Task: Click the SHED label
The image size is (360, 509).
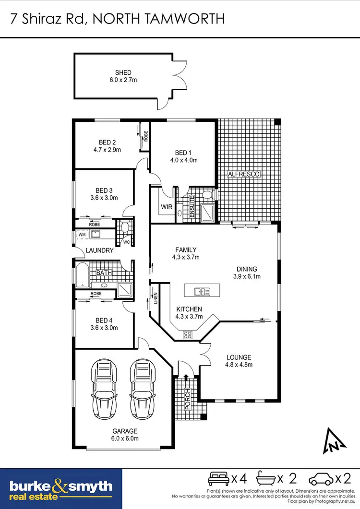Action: point(123,73)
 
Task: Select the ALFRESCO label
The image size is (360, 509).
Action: point(243,174)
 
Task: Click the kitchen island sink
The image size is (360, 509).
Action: point(201,291)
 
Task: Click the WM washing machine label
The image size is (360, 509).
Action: point(82,234)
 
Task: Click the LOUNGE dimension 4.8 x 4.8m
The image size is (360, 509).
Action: point(239,365)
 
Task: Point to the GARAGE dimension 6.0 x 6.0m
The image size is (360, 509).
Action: point(125,438)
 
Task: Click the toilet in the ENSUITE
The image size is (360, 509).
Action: point(207,195)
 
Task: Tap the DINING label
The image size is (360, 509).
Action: point(246,269)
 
